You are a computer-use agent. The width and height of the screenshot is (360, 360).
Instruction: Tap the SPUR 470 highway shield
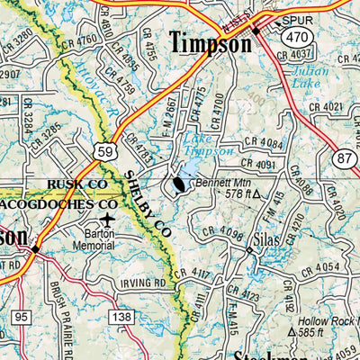(x=296, y=37)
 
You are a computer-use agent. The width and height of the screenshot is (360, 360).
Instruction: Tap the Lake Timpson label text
(x=208, y=145)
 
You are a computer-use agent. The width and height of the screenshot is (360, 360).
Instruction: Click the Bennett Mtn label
(x=220, y=184)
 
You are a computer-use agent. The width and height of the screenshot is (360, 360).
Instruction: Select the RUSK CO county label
(x=76, y=184)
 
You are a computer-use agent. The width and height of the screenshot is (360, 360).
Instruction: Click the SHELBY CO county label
(x=148, y=202)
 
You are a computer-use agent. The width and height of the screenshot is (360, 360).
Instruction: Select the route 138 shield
(x=123, y=317)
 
